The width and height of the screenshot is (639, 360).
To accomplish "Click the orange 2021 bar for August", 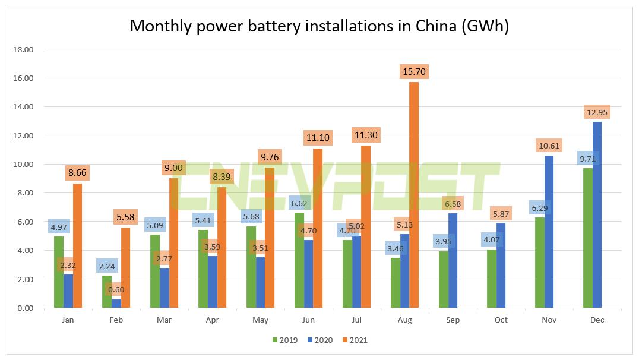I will coord(413,196).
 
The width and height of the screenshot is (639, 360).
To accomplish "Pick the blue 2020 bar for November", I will coord(549,232).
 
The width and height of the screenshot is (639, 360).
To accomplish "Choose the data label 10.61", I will coord(549,146).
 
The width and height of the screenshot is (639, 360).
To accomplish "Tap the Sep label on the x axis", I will coord(453,320).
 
